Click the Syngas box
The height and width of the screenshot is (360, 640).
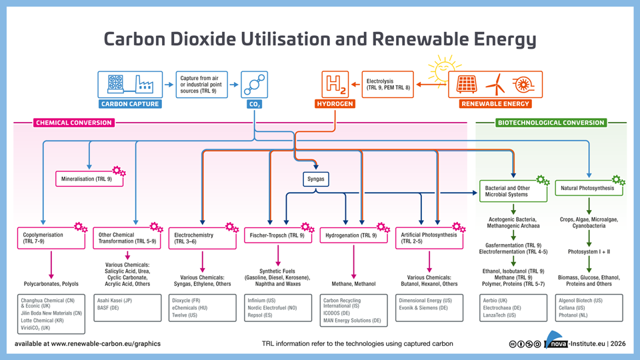pos(315,179)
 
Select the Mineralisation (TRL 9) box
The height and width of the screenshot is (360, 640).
pos(88,179)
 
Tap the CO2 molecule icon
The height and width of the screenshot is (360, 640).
pos(254,85)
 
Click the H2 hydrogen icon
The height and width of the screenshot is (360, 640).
pos(335,85)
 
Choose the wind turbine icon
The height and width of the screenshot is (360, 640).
pos(495,85)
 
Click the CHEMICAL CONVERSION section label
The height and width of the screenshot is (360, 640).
pos(73,123)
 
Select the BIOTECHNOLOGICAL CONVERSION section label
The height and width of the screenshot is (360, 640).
pos(551,123)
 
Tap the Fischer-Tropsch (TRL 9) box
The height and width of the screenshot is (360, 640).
pos(277,235)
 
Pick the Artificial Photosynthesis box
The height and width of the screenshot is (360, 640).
pos(429,238)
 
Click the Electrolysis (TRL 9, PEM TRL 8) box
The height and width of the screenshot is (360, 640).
pos(387,85)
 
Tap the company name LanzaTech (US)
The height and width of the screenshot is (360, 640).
pos(499,315)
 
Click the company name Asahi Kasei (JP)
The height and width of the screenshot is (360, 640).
pos(115,301)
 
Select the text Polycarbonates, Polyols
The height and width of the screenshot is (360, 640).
pos(51,284)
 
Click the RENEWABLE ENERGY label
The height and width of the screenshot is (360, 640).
pos(495,104)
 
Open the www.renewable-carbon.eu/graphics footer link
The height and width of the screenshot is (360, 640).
pos(105,344)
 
